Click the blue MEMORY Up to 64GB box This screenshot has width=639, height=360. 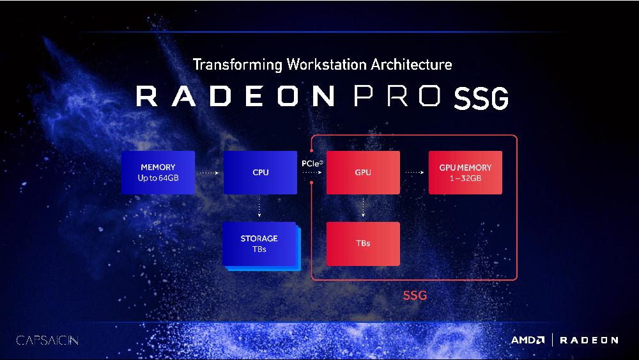tap(158, 173)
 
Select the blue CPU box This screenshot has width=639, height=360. tap(261, 173)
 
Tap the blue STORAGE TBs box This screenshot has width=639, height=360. tap(261, 246)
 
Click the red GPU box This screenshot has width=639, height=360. tap(363, 173)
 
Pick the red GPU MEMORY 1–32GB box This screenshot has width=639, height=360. tap(465, 173)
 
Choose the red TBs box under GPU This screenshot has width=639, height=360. tap(363, 244)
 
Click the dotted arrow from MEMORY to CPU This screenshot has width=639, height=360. tap(210, 173)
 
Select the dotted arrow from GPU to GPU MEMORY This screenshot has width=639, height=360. tap(415, 173)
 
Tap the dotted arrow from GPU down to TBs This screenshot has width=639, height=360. tap(363, 207)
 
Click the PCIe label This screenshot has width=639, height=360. tap(312, 164)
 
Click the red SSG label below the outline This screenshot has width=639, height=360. tap(415, 295)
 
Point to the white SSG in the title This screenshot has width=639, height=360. tap(481, 98)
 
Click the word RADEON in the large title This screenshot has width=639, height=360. tap(235, 96)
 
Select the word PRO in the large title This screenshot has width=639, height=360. tap(397, 96)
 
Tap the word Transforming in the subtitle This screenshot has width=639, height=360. tap(238, 65)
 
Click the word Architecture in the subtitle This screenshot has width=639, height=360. tap(411, 65)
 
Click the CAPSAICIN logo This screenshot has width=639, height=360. tap(47, 340)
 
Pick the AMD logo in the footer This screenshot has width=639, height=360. tap(528, 340)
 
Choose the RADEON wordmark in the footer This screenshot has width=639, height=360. tap(589, 340)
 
